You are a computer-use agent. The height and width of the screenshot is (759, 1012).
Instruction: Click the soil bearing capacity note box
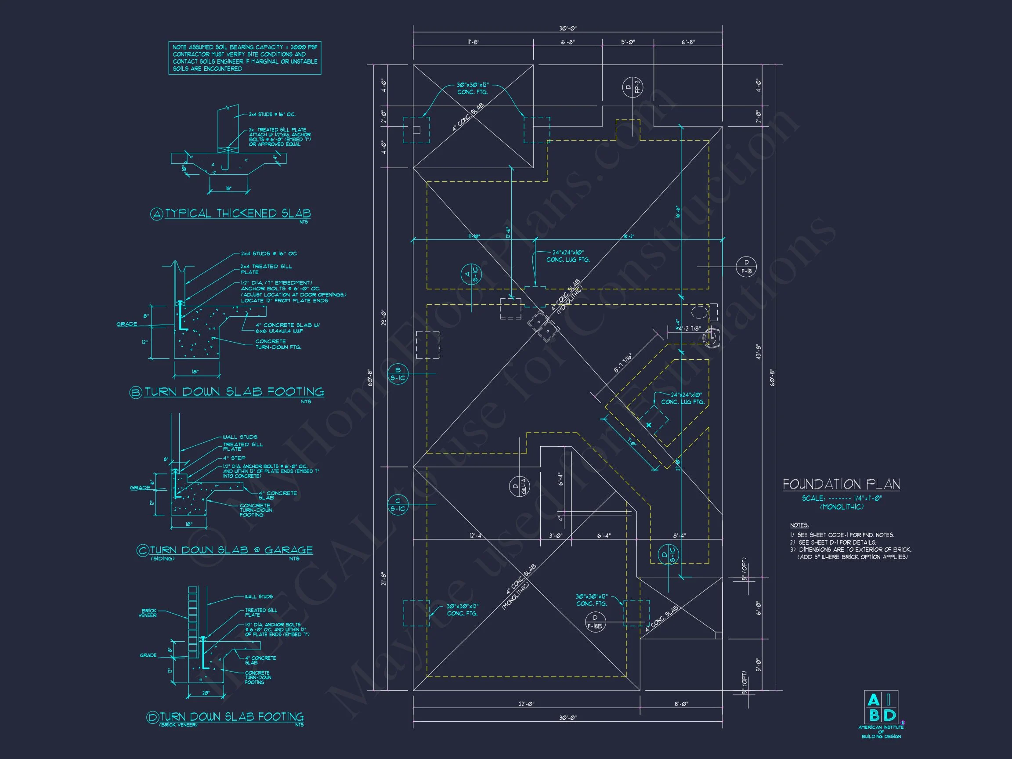245,58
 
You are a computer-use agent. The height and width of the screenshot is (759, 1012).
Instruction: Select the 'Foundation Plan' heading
841,484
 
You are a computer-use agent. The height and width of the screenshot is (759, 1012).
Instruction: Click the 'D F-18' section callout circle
746,267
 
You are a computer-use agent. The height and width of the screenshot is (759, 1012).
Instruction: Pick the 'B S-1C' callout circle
398,374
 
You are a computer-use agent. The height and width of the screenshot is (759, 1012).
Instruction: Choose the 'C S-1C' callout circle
398,505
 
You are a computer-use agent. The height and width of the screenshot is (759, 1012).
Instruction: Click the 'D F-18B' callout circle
595,622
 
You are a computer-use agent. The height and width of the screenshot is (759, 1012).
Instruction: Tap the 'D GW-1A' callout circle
520,486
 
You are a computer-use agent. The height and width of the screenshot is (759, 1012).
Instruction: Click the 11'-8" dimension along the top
473,42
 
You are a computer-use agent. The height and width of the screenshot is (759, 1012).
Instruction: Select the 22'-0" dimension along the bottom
527,704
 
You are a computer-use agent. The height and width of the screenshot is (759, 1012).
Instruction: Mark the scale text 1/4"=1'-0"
867,498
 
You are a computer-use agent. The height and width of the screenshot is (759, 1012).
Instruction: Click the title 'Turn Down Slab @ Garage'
231,550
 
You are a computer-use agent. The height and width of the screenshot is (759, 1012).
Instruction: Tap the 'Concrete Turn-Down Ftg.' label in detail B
278,344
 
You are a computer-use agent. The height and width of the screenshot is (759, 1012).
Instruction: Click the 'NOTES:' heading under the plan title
799,525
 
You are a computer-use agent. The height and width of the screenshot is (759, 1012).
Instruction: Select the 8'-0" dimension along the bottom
681,704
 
